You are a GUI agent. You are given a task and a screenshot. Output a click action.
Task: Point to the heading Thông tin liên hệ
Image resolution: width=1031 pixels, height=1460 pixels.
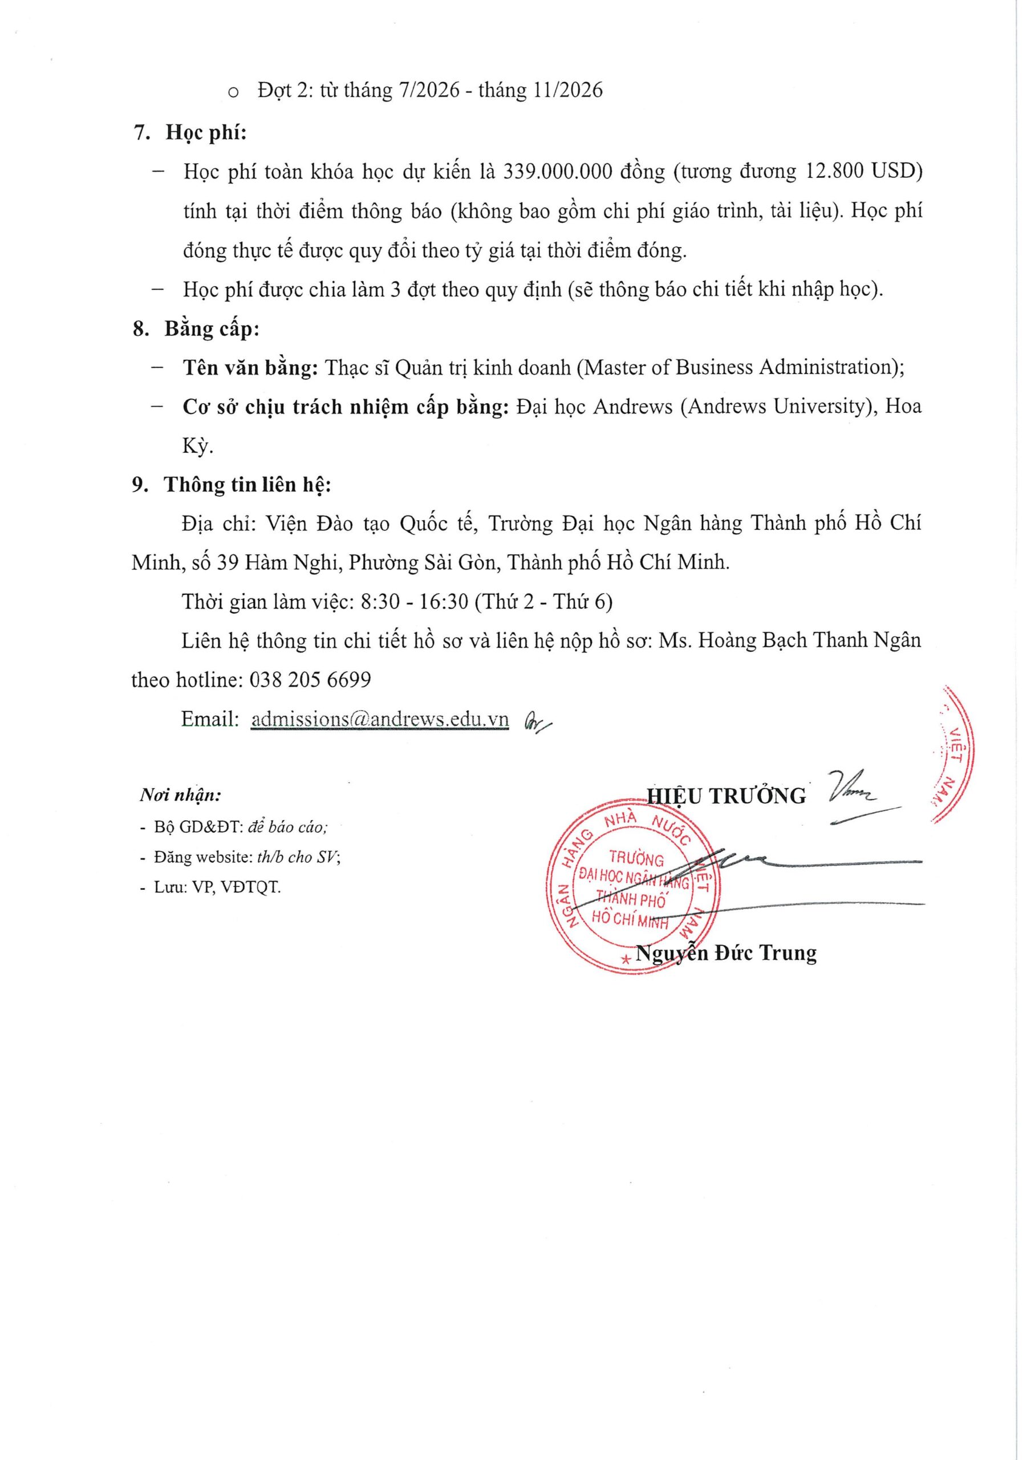tap(247, 485)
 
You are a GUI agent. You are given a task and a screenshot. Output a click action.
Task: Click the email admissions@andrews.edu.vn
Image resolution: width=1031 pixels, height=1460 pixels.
tap(380, 719)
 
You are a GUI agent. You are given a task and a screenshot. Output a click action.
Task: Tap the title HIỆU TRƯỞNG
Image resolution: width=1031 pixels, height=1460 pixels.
tap(726, 796)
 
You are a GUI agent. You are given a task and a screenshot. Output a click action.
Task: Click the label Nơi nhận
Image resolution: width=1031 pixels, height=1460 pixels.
tap(180, 796)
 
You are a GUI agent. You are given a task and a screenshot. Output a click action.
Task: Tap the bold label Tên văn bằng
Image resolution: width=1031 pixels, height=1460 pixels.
tap(250, 367)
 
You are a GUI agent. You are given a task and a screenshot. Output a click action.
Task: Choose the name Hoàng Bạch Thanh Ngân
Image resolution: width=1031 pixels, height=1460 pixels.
tap(809, 640)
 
